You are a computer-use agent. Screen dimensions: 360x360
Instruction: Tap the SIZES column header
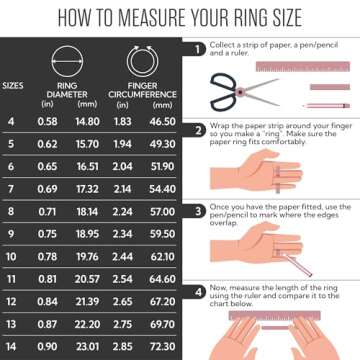pos(14,85)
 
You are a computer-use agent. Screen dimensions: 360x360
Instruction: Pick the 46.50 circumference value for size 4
pos(161,121)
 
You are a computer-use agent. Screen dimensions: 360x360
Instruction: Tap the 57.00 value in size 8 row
pos(161,212)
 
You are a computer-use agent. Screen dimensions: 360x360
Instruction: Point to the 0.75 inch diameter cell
pos(47,235)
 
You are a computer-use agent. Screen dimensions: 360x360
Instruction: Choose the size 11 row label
pos(11,280)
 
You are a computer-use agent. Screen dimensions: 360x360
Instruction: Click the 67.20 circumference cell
pos(161,303)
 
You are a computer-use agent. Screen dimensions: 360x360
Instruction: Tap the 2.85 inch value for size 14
pos(125,348)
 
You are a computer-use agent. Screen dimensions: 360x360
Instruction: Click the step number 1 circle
pos(200,47)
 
